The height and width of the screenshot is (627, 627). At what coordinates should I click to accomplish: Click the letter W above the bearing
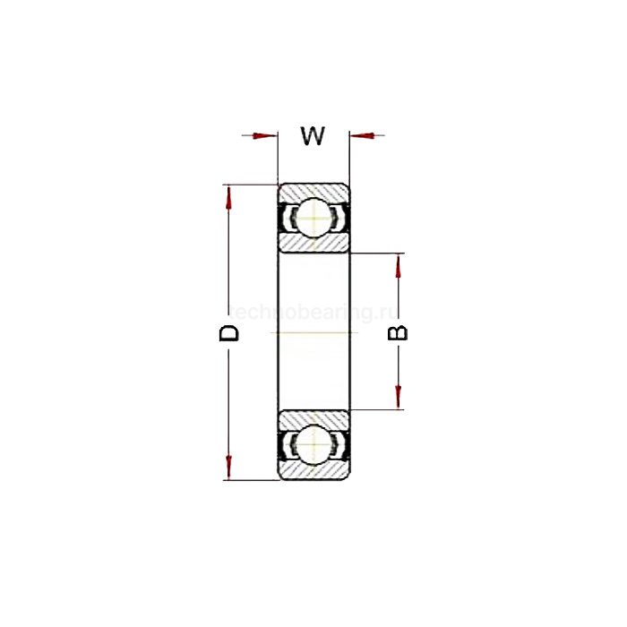[312, 136]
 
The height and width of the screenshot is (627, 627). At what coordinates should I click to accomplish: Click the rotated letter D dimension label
[230, 333]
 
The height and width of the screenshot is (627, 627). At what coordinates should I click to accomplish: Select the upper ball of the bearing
[313, 218]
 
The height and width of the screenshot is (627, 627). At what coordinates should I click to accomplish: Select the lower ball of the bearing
[313, 446]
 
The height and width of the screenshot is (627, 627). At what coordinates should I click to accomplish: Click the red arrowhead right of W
[361, 136]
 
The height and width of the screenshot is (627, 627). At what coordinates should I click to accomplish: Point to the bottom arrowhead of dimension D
[230, 468]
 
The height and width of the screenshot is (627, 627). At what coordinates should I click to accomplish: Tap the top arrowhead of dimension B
[399, 266]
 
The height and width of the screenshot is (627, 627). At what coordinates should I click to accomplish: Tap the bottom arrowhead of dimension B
[399, 398]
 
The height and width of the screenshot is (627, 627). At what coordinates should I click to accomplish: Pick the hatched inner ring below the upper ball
[313, 245]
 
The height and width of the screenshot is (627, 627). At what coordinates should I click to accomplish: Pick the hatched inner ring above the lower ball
[313, 418]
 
